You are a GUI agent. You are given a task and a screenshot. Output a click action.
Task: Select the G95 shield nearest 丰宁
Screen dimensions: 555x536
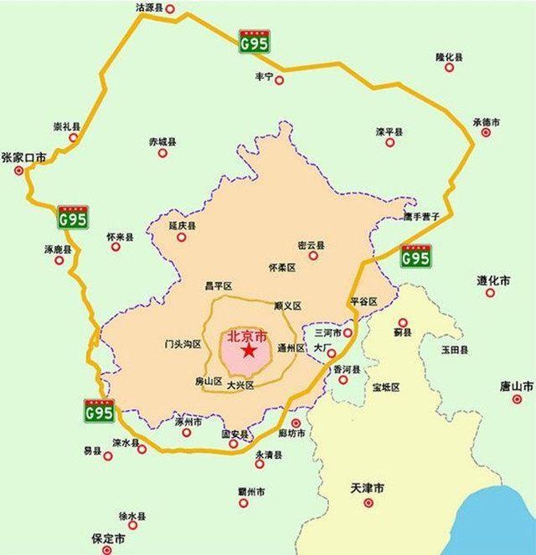click(254, 42)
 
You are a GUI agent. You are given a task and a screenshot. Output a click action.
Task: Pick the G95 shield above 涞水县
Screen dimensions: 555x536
click(100, 413)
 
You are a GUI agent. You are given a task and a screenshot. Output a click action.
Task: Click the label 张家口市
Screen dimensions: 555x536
click(23, 157)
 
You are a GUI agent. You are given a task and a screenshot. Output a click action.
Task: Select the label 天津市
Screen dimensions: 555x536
click(368, 487)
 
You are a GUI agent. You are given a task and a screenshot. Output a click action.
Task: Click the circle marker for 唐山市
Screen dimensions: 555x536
click(517, 398)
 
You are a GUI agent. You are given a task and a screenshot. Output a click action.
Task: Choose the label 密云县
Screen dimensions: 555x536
click(311, 245)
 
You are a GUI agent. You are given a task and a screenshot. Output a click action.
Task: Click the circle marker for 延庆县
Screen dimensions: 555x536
click(181, 238)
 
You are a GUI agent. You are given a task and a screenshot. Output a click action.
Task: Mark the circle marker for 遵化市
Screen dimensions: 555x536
click(491, 292)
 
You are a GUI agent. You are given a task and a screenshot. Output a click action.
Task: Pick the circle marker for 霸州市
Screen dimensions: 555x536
click(244, 502)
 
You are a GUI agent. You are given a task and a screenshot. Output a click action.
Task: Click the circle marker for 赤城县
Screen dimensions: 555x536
click(162, 153)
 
